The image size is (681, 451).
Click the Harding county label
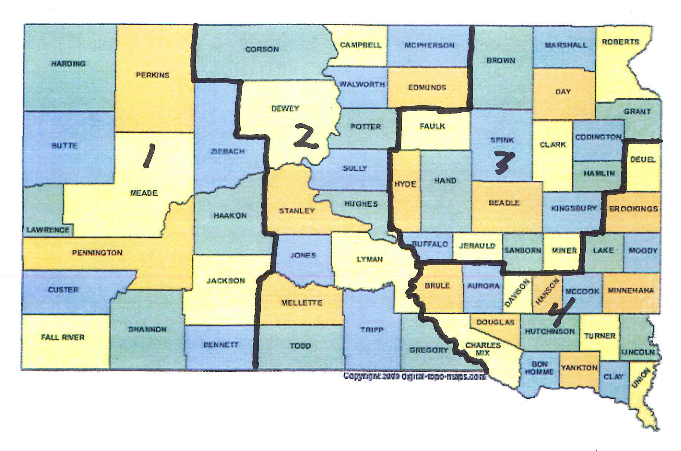pyautogui.click(x=68, y=64)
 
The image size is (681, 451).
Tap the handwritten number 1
pyautogui.click(x=148, y=157)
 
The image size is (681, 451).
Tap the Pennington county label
pyautogui.click(x=97, y=253)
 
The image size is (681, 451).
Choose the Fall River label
pyautogui.click(x=63, y=337)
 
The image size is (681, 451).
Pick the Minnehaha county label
pyautogui.click(x=630, y=290)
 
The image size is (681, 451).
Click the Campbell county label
pyautogui.click(x=360, y=45)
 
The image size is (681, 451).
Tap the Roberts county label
pyautogui.click(x=620, y=42)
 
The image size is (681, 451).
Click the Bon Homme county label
pyautogui.click(x=539, y=368)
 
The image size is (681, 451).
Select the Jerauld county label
pyautogui.click(x=477, y=246)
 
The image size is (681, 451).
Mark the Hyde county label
pyautogui.click(x=405, y=184)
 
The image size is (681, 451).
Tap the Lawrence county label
pyautogui.click(x=48, y=230)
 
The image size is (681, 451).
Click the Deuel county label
pyautogui.click(x=643, y=159)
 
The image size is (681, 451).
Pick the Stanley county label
pyautogui.click(x=297, y=211)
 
